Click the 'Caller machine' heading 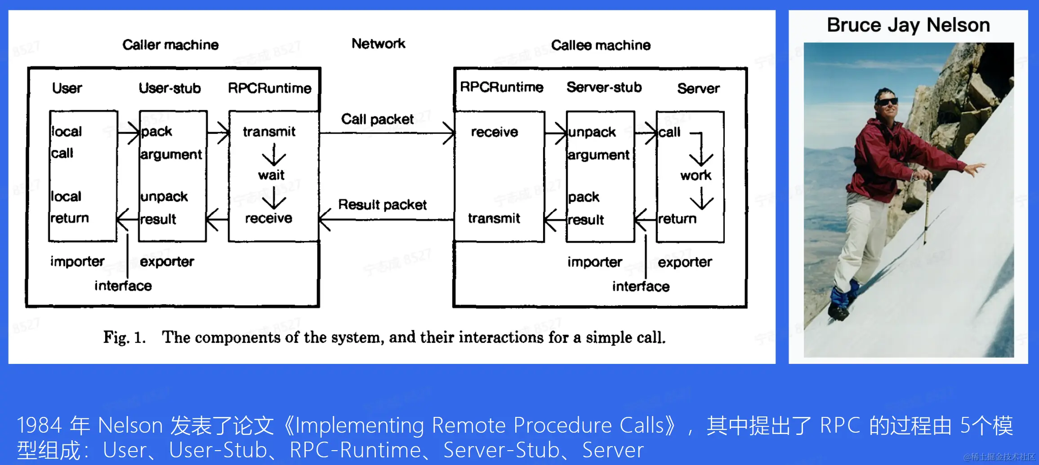click(x=170, y=45)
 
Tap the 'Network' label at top click(x=378, y=44)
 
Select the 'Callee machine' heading click(x=601, y=45)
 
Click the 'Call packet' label click(x=377, y=119)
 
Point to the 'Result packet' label click(x=382, y=205)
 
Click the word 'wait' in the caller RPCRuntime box click(x=271, y=175)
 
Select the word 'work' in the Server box click(x=696, y=175)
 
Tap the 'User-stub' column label click(x=169, y=88)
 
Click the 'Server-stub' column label click(x=604, y=87)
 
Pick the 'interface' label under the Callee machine click(x=641, y=286)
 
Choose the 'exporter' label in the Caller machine click(x=167, y=261)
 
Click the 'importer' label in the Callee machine click(x=594, y=262)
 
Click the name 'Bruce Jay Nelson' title click(x=908, y=25)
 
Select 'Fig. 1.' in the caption click(x=125, y=337)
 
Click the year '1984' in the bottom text click(x=39, y=425)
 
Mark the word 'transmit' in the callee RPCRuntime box click(x=494, y=218)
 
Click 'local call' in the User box click(x=66, y=142)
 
